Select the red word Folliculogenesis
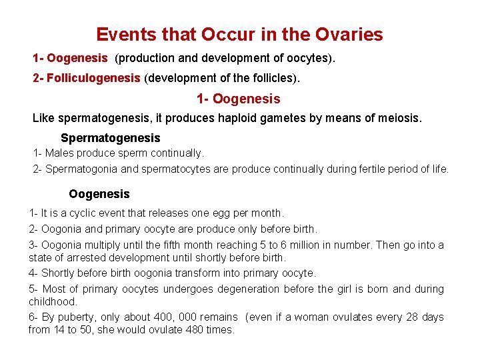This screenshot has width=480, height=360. (x=93, y=78)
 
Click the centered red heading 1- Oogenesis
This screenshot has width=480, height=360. (x=238, y=99)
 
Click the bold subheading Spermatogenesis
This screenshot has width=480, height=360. (x=110, y=138)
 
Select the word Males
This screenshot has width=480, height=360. (x=60, y=153)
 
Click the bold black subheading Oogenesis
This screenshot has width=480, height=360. (x=99, y=194)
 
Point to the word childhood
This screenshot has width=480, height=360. (x=54, y=301)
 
